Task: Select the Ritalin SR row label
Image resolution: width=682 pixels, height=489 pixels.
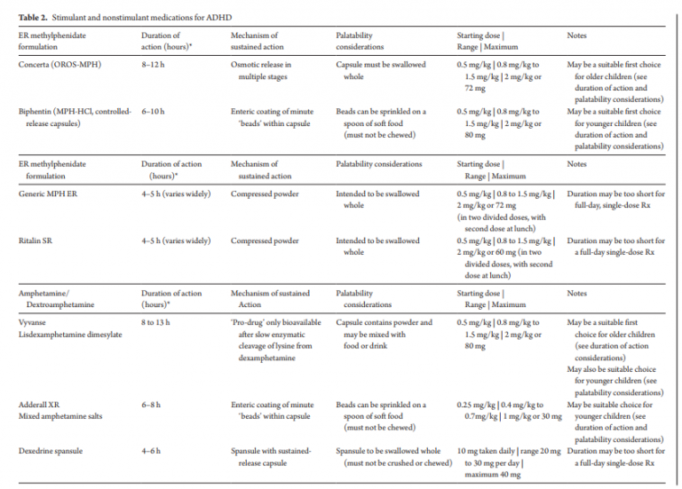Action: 38,241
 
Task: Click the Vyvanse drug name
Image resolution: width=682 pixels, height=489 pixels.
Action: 34,322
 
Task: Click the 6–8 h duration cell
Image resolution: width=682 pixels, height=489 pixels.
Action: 152,405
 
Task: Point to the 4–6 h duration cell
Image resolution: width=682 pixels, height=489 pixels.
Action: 152,452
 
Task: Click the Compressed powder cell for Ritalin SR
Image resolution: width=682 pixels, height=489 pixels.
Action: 265,241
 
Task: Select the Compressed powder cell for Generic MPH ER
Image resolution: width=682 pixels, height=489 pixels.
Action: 265,193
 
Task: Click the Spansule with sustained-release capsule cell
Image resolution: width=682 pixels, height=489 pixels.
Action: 271,457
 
